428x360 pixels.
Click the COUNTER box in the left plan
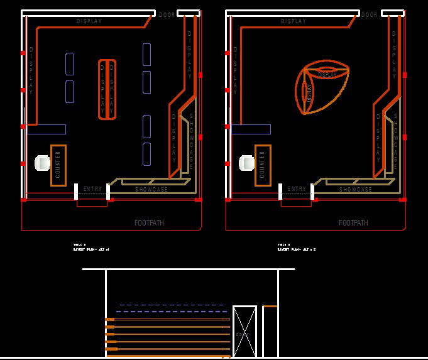58,165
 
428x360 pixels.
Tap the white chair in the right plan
246,163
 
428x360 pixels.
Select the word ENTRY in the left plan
92,189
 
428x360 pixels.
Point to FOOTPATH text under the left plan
150,223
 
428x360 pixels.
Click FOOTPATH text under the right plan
353,223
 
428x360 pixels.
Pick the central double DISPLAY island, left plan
107,89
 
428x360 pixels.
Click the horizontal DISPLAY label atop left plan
89,21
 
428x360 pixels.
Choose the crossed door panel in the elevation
244,331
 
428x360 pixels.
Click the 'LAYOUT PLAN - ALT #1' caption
91,249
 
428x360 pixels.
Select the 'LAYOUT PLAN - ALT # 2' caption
296,249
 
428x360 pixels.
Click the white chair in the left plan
42,163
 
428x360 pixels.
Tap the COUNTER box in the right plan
262,165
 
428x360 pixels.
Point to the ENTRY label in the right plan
297,189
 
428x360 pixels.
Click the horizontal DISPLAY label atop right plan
294,21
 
